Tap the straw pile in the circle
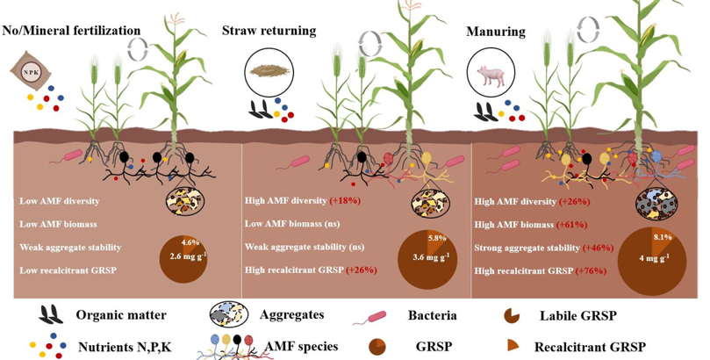click(266, 69)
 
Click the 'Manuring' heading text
click(496, 32)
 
